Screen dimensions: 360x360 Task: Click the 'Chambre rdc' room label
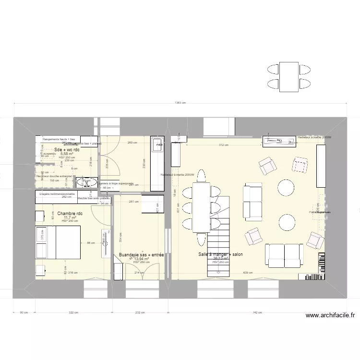[x=70, y=213]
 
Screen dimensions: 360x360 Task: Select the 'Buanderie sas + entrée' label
[x=141, y=255]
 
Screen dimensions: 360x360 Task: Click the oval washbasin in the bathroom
[x=87, y=182]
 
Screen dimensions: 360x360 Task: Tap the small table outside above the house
[x=289, y=77]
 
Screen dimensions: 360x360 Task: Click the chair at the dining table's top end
[x=202, y=176]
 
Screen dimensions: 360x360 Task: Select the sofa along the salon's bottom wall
[x=284, y=254]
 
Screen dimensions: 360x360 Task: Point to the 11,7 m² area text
[x=70, y=217]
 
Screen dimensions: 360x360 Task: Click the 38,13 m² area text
[x=221, y=259]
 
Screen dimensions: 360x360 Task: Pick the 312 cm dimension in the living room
[x=223, y=145]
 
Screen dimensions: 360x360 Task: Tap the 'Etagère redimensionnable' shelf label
[x=57, y=193]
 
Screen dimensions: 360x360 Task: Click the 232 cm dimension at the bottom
[x=140, y=312]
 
